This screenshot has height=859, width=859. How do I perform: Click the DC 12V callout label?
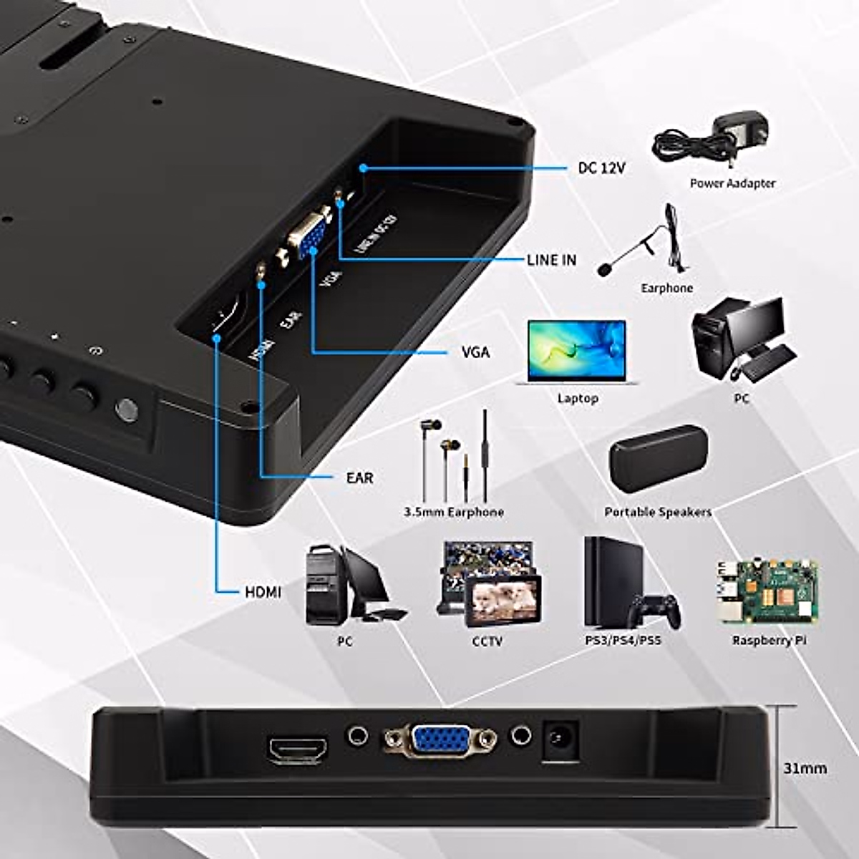pyautogui.click(x=601, y=168)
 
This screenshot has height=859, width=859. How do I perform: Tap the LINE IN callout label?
pyautogui.click(x=551, y=260)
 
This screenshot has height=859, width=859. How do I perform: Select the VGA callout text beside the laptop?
pyautogui.click(x=475, y=352)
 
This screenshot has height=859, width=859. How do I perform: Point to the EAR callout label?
pyautogui.click(x=359, y=477)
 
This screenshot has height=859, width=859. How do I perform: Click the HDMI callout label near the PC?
pyautogui.click(x=263, y=592)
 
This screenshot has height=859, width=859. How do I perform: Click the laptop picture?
pyautogui.click(x=577, y=351)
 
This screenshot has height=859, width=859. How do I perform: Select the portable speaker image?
pyautogui.click(x=658, y=459)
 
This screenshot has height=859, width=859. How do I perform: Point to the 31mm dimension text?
pyautogui.click(x=805, y=768)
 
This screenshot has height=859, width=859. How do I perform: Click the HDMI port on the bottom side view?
pyautogui.click(x=298, y=749)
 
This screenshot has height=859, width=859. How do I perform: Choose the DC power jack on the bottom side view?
pyautogui.click(x=560, y=738)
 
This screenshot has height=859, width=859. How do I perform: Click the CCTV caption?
pyautogui.click(x=487, y=641)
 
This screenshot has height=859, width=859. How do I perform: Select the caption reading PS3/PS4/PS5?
pyautogui.click(x=623, y=640)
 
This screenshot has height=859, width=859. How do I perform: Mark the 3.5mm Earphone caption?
pyautogui.click(x=453, y=512)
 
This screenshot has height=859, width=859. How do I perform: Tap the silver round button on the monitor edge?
pyautogui.click(x=127, y=409)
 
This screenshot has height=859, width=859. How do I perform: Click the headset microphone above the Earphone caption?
pyautogui.click(x=644, y=243)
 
